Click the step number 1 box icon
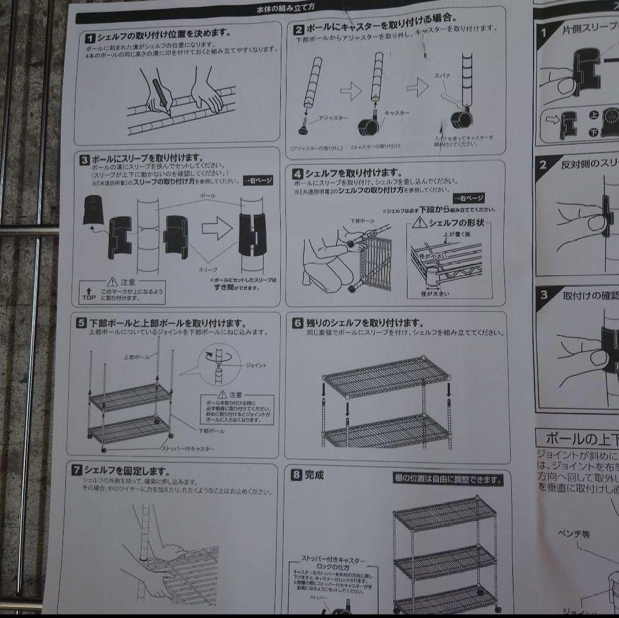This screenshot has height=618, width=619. [x=90, y=38]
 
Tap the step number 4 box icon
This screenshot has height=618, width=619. [x=298, y=173]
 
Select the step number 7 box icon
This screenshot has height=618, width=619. [x=76, y=471]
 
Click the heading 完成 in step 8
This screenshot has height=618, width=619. [x=314, y=475]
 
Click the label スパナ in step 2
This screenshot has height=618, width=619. [x=442, y=76]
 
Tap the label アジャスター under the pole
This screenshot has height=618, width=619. [x=332, y=118]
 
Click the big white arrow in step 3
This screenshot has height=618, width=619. [x=217, y=229]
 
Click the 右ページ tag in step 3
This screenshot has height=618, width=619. [x=257, y=180]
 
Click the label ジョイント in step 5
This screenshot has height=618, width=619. [x=256, y=365]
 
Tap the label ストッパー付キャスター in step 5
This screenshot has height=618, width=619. [x=187, y=448]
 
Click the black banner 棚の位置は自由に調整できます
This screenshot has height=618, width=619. [x=449, y=479]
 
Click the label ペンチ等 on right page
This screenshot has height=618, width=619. [x=574, y=534]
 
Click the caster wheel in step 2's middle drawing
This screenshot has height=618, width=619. [x=366, y=126]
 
